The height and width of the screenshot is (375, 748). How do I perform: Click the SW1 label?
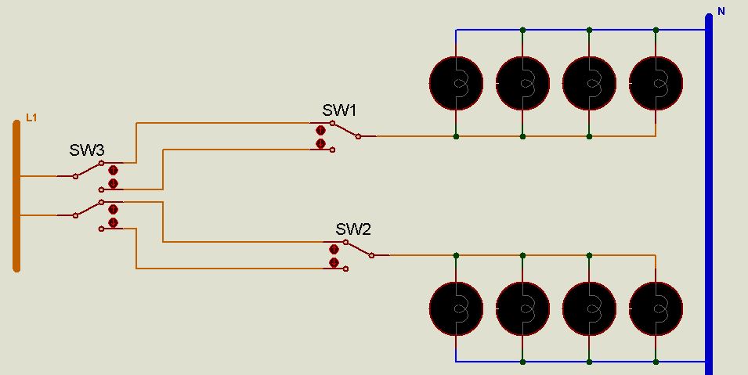tap(339, 110)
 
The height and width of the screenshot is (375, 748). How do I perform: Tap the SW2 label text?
tap(353, 229)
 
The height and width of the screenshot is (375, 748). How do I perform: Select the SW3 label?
tap(86, 150)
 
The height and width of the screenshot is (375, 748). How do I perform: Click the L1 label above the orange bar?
tap(31, 118)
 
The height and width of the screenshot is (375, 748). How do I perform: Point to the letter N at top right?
tap(721, 12)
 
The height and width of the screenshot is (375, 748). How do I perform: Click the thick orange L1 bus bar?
tap(16, 196)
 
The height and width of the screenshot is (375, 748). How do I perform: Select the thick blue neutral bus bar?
tap(709, 196)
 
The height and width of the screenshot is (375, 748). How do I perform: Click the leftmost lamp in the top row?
tap(456, 82)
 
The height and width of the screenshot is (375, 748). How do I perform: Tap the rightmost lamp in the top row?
tap(656, 82)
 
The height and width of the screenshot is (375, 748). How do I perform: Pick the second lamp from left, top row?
tap(522, 82)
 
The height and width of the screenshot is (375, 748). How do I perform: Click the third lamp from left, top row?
tap(589, 82)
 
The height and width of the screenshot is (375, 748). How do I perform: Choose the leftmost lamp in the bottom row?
tap(456, 308)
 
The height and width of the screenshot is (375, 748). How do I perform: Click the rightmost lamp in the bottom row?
tap(656, 308)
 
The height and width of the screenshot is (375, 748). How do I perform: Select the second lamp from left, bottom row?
tap(522, 308)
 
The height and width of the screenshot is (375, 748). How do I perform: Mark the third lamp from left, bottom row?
tap(589, 308)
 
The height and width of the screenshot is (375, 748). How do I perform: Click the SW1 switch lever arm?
tap(345, 130)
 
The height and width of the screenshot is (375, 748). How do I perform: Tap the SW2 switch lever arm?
tap(359, 249)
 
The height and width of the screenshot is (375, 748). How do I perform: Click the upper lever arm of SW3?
tap(89, 170)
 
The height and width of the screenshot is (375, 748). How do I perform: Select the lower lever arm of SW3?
tap(89, 208)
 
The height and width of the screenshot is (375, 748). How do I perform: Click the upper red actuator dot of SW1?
tap(320, 130)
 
